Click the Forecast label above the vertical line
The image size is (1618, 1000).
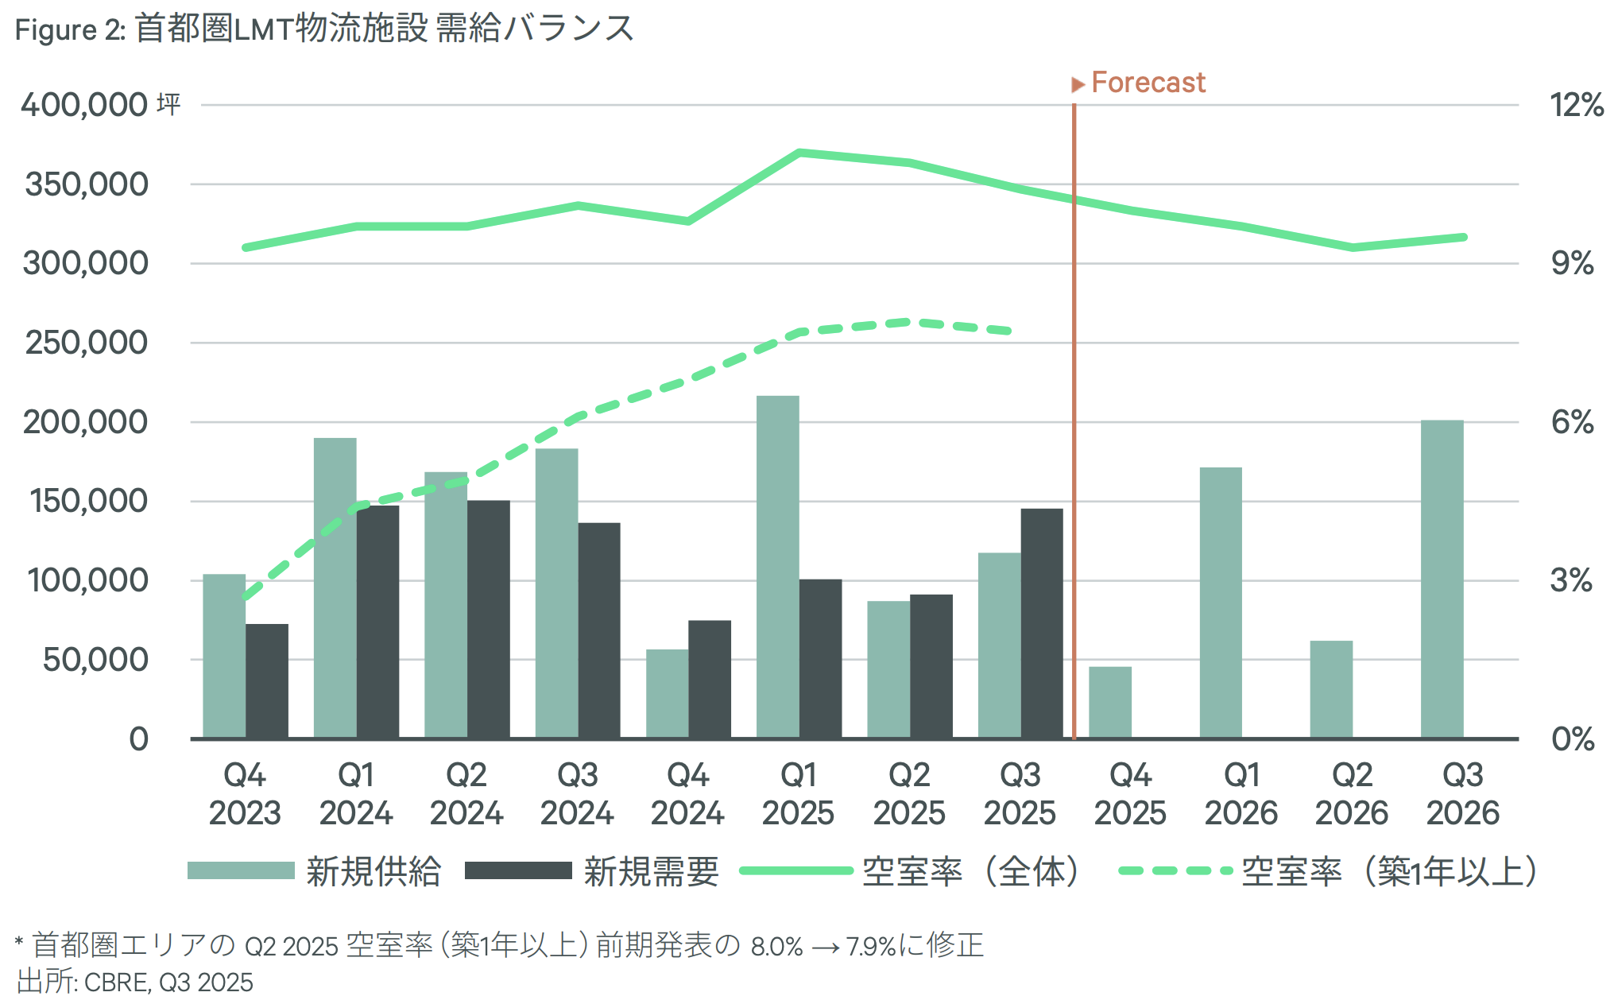click(1148, 83)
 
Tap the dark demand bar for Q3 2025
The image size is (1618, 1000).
click(1042, 623)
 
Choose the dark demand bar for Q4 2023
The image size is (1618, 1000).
click(267, 681)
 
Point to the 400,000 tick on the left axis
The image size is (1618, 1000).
click(84, 105)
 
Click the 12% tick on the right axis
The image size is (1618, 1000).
click(1576, 105)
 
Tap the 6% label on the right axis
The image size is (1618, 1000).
click(1572, 422)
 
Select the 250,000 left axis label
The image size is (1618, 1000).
click(87, 343)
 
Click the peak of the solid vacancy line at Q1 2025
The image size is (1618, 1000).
click(799, 152)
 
